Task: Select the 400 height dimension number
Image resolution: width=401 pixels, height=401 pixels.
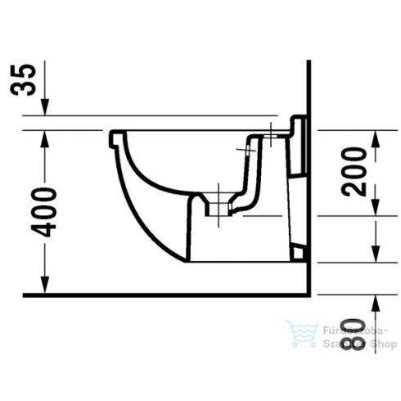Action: (x=47, y=212)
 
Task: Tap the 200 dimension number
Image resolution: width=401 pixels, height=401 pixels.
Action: (x=353, y=172)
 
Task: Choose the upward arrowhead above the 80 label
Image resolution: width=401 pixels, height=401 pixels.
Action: (x=375, y=301)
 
